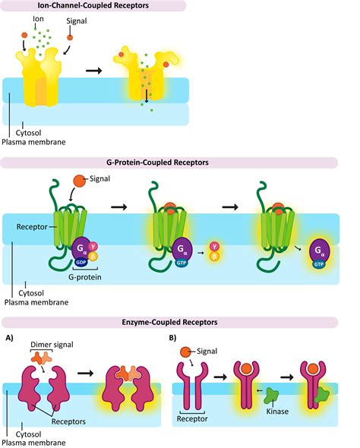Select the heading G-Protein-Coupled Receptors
(179, 162)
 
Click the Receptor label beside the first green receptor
(30, 226)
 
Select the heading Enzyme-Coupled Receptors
(179, 323)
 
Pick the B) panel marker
(176, 336)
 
